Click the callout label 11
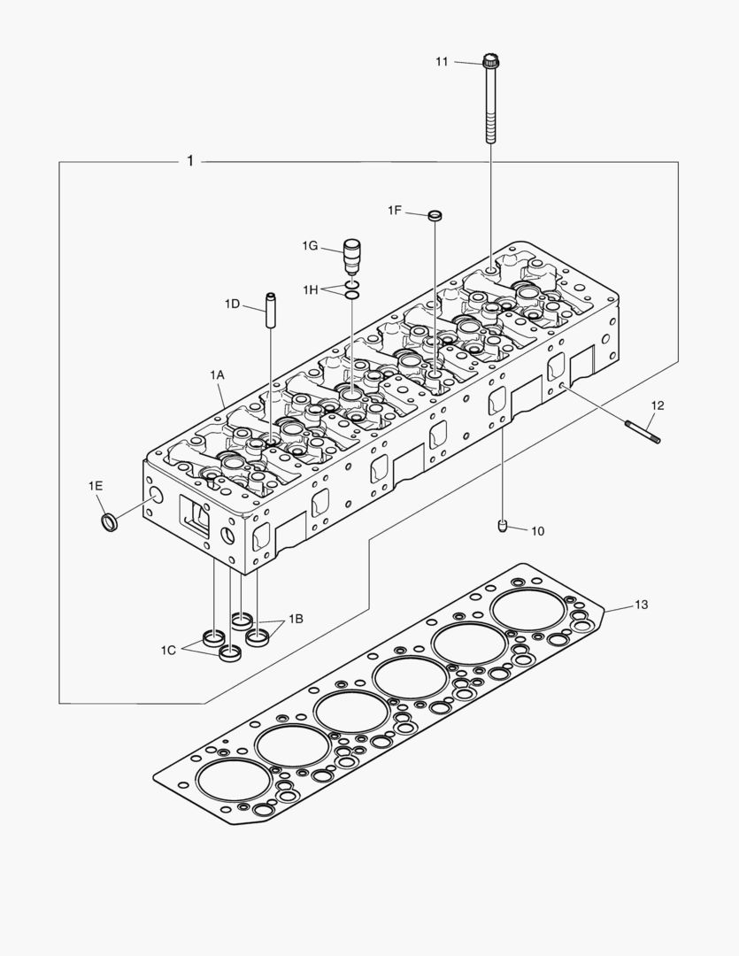tap(442, 61)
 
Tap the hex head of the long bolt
tap(491, 62)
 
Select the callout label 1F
tap(395, 210)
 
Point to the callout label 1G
tap(309, 245)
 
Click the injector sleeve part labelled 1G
tap(353, 256)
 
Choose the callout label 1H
tap(310, 289)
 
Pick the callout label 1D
tap(232, 304)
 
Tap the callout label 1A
tap(217, 375)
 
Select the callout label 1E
tap(96, 485)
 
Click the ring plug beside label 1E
tap(110, 522)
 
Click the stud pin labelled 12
tap(643, 430)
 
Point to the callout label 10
tap(537, 531)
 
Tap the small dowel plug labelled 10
tap(503, 527)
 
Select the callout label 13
tap(641, 605)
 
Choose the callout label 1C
tap(169, 651)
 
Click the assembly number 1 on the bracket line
tap(189, 161)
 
